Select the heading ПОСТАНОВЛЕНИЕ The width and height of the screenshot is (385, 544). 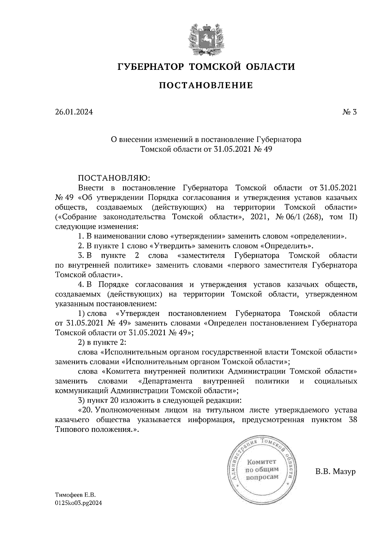tap(206, 85)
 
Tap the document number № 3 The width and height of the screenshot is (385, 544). tap(349, 112)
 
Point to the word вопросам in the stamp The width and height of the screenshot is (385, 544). tap(261, 477)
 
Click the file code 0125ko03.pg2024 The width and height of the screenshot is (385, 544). tap(78, 503)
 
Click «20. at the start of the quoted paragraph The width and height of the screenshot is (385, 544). tap(86, 410)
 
